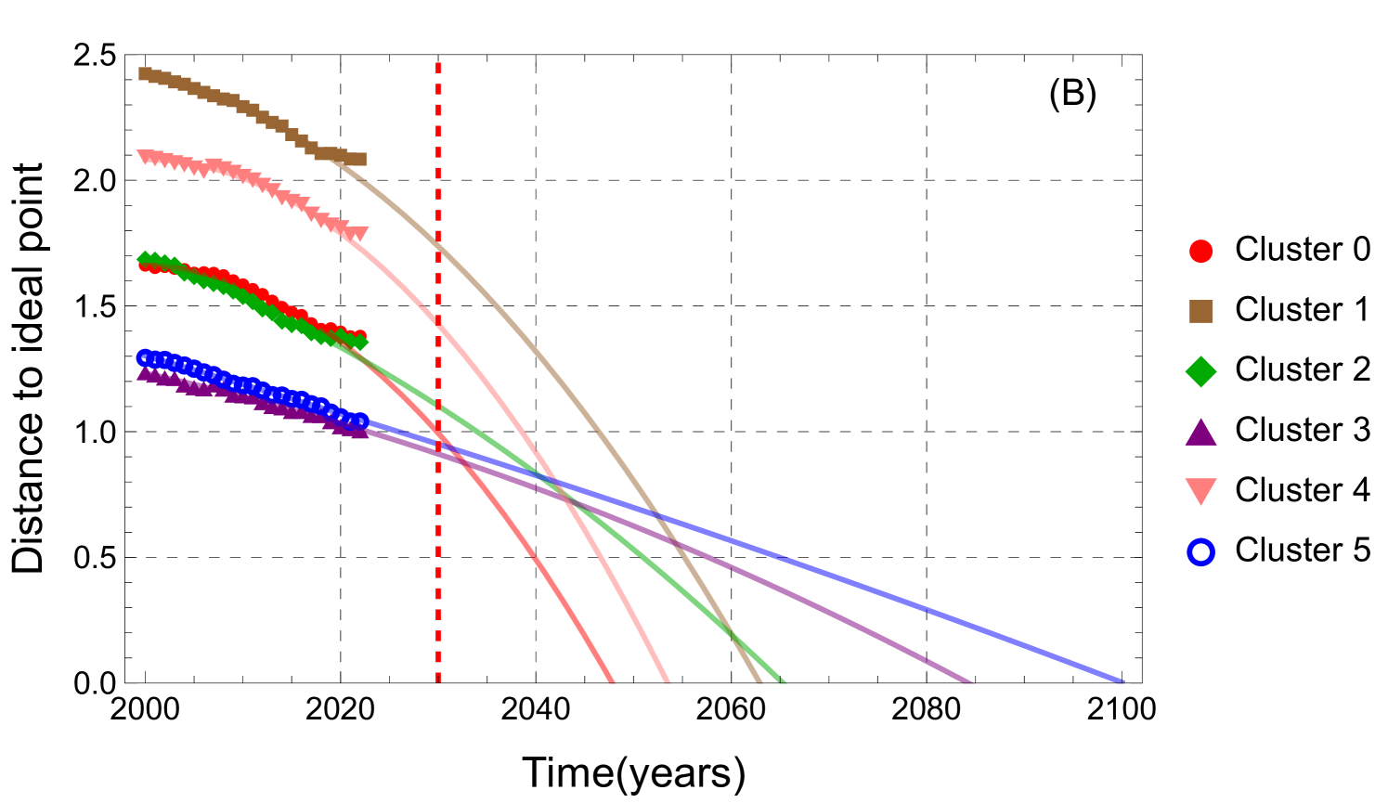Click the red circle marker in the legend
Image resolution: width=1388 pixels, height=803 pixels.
click(x=1200, y=252)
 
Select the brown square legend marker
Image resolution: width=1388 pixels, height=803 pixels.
click(x=1200, y=311)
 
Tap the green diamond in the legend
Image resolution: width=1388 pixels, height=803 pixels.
click(x=1200, y=371)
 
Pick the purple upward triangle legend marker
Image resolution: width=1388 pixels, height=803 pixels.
click(x=1200, y=433)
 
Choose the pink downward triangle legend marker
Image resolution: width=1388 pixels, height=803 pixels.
click(x=1200, y=491)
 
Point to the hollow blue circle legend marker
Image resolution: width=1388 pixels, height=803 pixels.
click(x=1200, y=552)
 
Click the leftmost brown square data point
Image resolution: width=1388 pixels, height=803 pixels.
click(x=145, y=73)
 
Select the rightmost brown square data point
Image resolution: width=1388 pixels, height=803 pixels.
click(x=360, y=160)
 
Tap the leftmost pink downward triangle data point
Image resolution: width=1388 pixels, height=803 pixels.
click(x=145, y=156)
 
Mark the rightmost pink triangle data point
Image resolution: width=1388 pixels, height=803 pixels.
click(x=360, y=233)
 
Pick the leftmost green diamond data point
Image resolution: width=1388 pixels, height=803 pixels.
click(x=145, y=259)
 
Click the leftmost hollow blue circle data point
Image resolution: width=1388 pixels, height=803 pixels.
click(x=145, y=357)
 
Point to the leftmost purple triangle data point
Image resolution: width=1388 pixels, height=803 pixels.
click(x=145, y=373)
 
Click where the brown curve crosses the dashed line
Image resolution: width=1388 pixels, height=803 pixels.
click(x=438, y=245)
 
